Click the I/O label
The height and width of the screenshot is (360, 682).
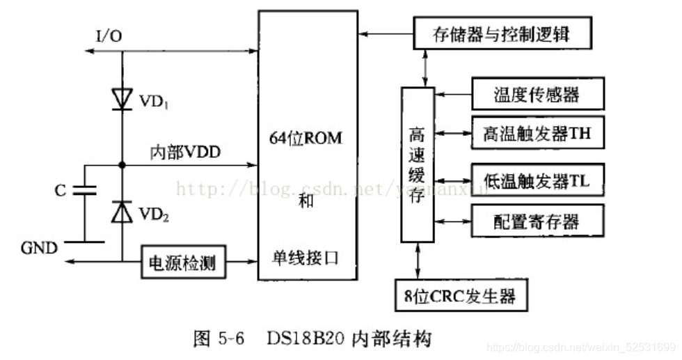point(108,35)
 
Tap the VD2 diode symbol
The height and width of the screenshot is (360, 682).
point(122,212)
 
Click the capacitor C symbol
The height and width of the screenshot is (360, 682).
point(84,191)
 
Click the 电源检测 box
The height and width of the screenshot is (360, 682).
point(182,263)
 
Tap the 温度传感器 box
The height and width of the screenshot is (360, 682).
point(536,95)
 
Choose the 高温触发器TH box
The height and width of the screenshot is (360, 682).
point(536,133)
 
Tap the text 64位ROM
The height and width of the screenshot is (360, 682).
point(306,138)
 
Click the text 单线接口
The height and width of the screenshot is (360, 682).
point(306,258)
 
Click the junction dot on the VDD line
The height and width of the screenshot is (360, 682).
point(122,166)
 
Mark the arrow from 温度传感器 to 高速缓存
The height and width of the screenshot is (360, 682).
point(453,95)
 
